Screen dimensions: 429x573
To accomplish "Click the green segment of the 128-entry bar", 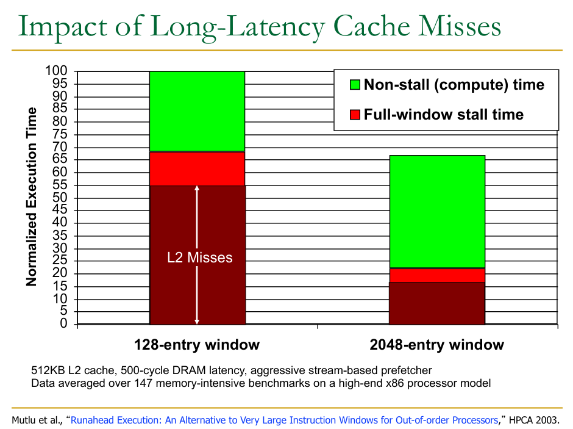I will click(197, 111).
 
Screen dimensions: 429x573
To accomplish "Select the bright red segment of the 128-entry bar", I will click(197, 168).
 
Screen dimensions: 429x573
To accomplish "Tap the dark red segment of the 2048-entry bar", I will click(436, 303).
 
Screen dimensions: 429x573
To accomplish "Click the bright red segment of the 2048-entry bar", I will click(436, 275).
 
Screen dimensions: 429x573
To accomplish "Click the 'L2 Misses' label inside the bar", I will click(200, 258).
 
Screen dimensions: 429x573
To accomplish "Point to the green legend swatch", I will click(355, 85).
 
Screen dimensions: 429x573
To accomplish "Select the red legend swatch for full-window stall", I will click(355, 115).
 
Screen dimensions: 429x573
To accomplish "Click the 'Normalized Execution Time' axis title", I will click(32, 197).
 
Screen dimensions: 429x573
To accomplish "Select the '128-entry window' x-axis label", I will click(197, 345).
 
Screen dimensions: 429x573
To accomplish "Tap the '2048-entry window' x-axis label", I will click(436, 345).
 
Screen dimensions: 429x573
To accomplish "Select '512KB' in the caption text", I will click(48, 370).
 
